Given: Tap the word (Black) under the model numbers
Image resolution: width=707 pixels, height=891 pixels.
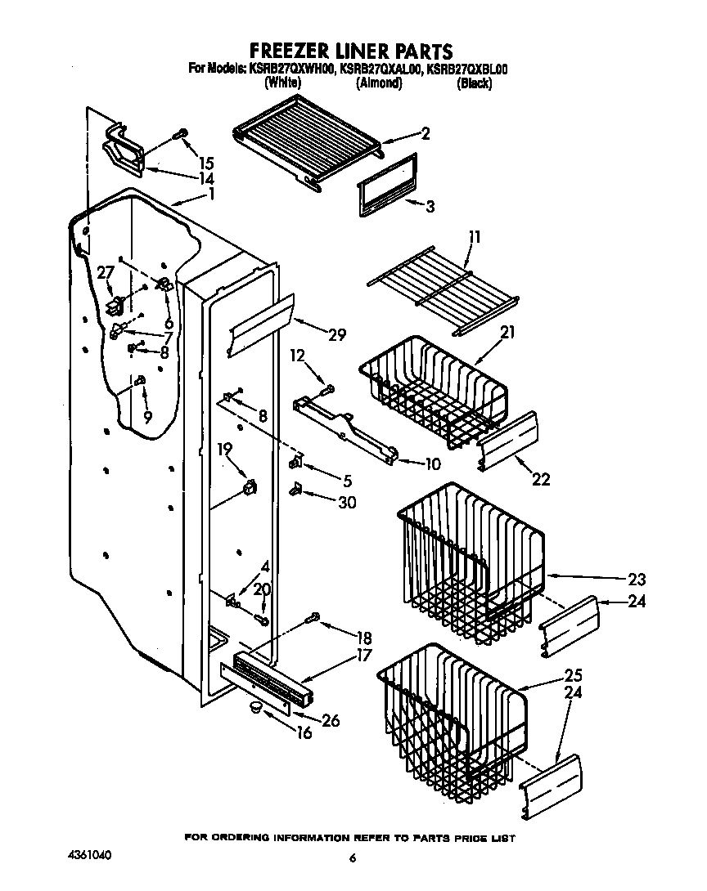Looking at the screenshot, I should (474, 83).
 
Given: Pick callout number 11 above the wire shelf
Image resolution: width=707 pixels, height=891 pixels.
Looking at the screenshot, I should (475, 238).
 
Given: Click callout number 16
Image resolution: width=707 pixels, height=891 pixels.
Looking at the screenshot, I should (304, 733).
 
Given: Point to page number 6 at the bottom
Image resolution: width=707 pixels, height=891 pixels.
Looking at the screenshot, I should (353, 857).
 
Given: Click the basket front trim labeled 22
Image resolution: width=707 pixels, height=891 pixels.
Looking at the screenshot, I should (508, 441).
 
